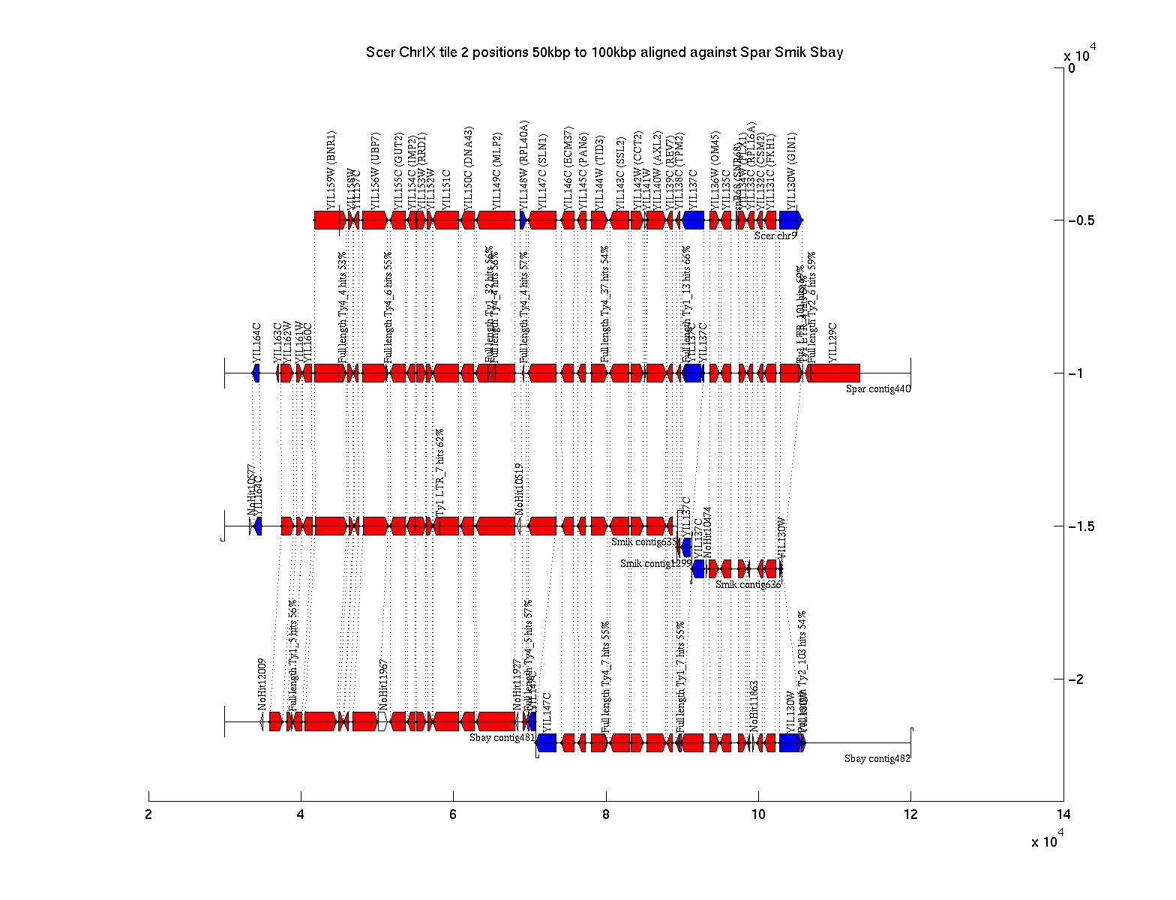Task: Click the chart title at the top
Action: point(604,52)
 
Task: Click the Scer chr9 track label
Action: point(775,235)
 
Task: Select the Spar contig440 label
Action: point(877,388)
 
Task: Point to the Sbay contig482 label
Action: point(877,758)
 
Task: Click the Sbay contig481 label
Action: point(502,736)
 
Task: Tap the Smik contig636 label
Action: point(748,584)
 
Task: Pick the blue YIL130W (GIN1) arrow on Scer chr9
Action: point(790,220)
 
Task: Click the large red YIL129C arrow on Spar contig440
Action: point(832,373)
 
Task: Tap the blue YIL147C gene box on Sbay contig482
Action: point(546,742)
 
